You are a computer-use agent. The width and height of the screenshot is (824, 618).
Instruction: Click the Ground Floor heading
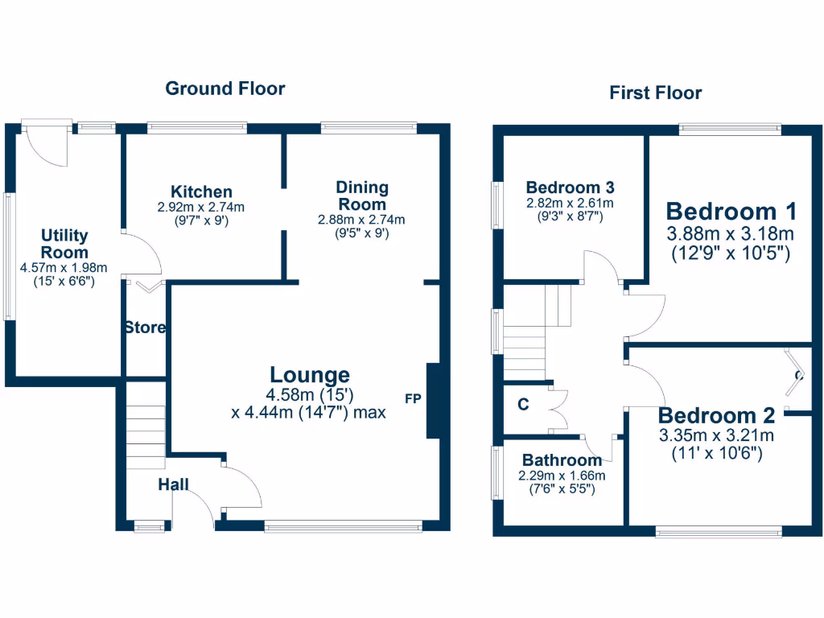pos(225,89)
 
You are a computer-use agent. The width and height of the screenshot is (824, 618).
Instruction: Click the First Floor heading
pos(655,93)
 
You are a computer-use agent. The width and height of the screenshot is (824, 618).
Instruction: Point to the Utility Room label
pos(64,244)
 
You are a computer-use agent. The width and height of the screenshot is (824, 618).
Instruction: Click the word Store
pos(145,328)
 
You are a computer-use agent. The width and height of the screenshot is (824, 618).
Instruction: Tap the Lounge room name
pos(310,375)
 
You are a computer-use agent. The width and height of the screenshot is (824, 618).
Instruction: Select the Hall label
pos(173,484)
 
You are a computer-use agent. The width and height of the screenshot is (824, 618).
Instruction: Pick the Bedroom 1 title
pos(731,212)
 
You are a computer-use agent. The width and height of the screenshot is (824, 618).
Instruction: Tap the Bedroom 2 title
pos(716,416)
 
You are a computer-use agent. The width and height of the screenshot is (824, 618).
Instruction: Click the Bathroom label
pos(562,460)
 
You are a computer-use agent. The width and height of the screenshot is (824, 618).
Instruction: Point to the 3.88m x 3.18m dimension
pos(731,234)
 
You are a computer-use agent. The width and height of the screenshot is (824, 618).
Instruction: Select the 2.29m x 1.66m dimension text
pos(562,476)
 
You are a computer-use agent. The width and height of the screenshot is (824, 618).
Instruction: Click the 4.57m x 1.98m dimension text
pos(64,267)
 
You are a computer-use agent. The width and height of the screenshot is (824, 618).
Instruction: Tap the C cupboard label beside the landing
pos(523,405)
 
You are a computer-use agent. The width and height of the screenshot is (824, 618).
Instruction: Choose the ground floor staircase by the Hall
pos(145,435)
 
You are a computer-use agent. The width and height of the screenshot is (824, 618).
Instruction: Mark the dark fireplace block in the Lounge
pos(432,401)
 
